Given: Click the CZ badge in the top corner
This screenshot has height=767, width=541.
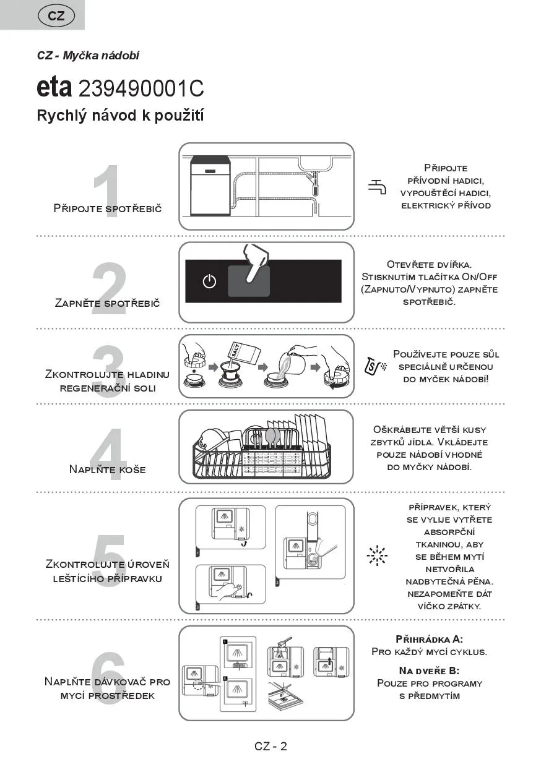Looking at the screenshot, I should [56, 16].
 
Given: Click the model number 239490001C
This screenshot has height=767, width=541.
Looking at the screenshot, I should [141, 89].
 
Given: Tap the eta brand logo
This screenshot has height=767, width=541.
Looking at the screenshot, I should [54, 88].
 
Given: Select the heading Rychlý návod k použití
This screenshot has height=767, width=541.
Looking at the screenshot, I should [121, 116].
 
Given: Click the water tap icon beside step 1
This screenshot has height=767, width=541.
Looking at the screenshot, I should [377, 186].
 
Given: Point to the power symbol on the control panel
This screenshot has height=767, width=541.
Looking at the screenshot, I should [210, 281].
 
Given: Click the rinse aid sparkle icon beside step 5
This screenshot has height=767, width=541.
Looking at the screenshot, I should [376, 555].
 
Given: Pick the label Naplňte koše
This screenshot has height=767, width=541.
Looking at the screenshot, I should [108, 469].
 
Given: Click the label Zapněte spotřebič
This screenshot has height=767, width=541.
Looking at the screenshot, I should [107, 303].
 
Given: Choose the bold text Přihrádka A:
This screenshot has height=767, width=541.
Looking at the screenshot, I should [429, 639].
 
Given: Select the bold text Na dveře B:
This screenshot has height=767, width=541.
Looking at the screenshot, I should [429, 671].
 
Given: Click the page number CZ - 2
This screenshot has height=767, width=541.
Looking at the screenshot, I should [270, 746].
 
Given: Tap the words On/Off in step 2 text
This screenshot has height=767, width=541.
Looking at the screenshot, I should [480, 276].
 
